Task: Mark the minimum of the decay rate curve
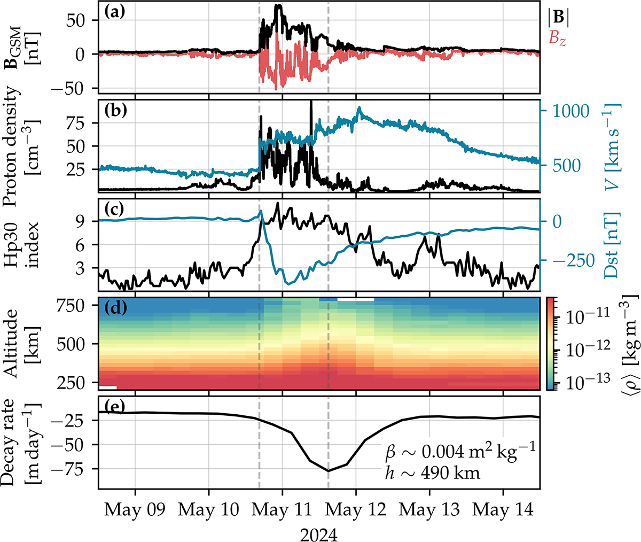[x=329, y=470]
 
